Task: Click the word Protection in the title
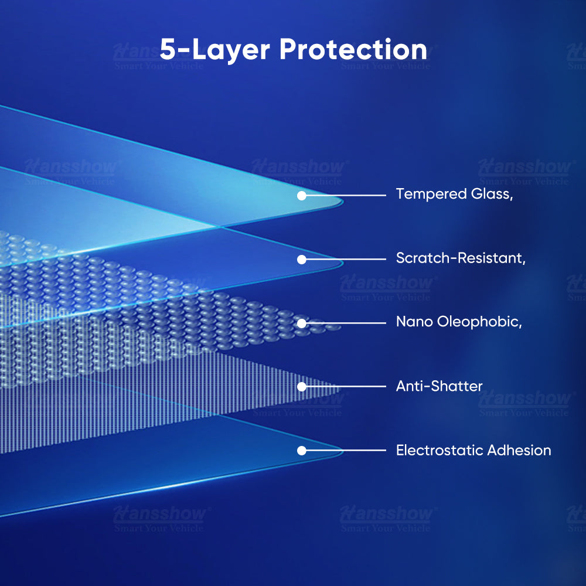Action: click(353, 49)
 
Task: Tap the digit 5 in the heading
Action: click(168, 49)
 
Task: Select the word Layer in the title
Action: click(230, 50)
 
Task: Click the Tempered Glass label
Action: click(454, 194)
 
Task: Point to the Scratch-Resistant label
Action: click(461, 258)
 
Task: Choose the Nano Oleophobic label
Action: click(459, 322)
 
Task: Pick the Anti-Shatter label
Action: click(439, 386)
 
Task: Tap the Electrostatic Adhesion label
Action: click(473, 450)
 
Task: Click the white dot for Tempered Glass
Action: click(302, 196)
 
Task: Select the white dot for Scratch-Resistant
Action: click(302, 260)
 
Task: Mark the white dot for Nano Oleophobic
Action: click(302, 323)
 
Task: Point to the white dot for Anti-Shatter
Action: click(302, 387)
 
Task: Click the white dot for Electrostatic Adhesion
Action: click(302, 451)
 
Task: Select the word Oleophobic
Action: click(479, 322)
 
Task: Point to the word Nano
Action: click(414, 322)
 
